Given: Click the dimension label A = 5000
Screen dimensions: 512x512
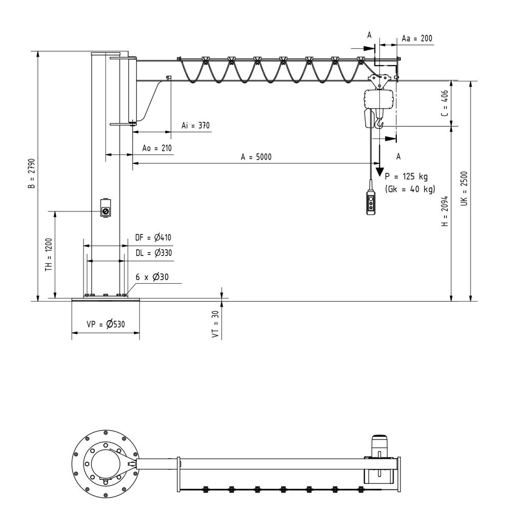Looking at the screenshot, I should tap(256, 157).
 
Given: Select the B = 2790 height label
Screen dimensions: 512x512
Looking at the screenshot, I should tap(31, 174).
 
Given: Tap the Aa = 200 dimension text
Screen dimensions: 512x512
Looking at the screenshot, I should tap(417, 39).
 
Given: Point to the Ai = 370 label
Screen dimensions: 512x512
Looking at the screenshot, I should tap(196, 125).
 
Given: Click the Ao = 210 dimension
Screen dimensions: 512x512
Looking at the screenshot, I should tap(157, 148).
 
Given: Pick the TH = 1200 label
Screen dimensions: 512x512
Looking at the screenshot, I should tap(49, 256).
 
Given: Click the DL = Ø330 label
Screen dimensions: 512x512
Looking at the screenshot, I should tap(153, 252).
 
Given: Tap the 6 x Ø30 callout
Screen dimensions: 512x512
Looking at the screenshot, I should tap(152, 277).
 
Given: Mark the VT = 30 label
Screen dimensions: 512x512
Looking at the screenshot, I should tap(216, 325).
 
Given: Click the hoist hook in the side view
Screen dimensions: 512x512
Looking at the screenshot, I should tap(378, 123).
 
